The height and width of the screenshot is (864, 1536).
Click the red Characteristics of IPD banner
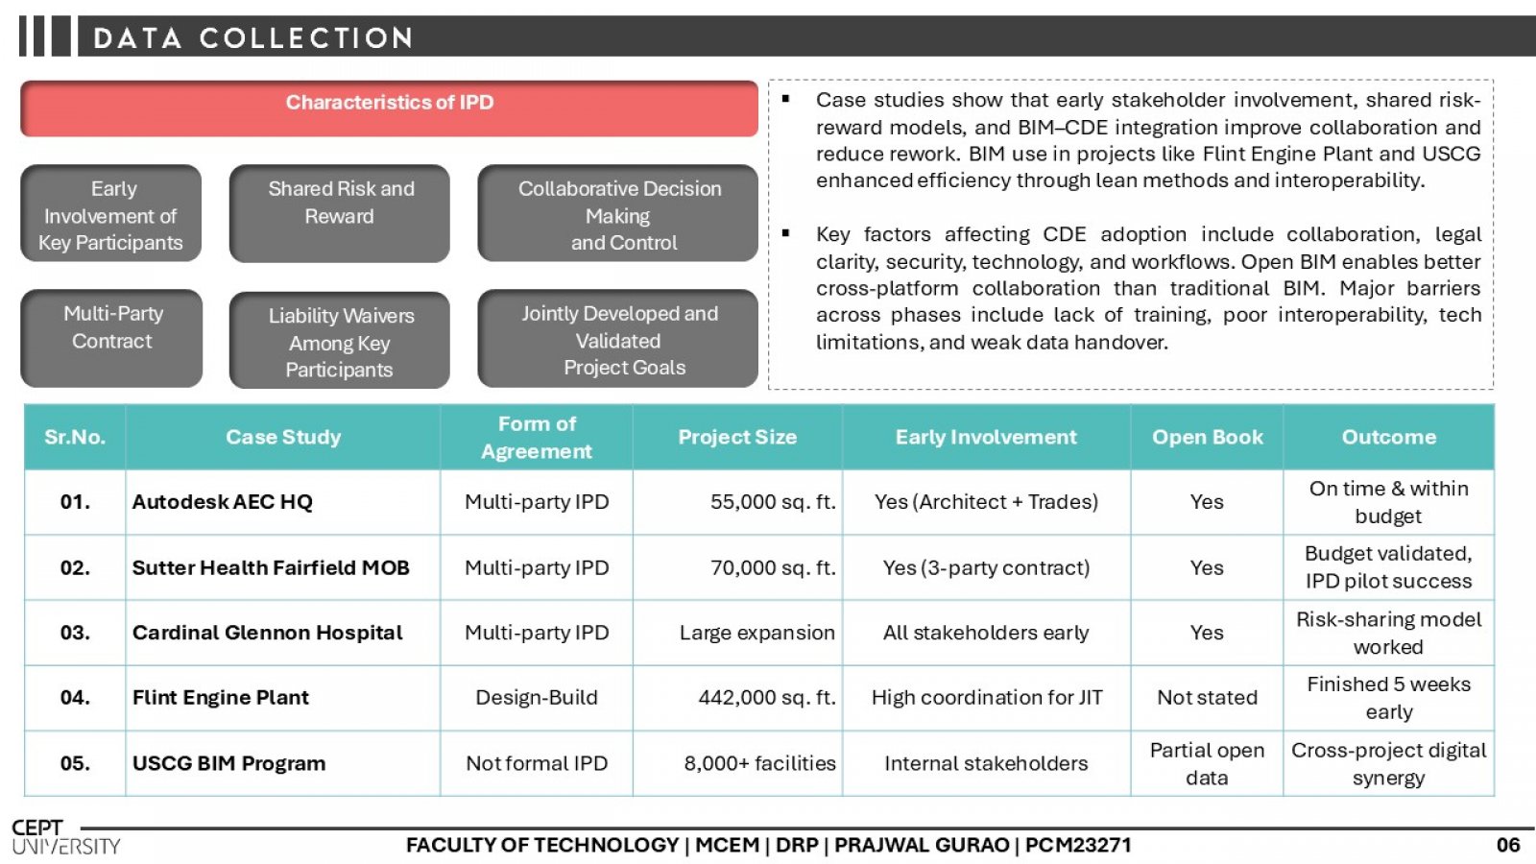tap(390, 108)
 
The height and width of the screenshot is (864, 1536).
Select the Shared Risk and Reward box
tap(340, 213)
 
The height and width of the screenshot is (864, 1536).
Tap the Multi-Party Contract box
tap(111, 338)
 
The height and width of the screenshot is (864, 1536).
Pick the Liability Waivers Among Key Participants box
tap(340, 340)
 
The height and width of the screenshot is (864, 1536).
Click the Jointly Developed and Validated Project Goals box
tap(618, 339)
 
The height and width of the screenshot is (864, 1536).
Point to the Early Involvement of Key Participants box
tap(111, 213)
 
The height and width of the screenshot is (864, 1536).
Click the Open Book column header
tap(1207, 438)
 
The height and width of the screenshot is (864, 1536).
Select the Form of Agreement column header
tap(537, 438)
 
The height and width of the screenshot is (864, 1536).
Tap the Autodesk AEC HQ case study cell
tap(282, 502)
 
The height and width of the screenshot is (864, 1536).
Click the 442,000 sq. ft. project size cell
tap(738, 698)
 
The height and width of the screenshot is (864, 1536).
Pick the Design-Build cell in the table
tap(537, 698)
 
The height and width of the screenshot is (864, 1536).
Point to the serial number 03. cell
tap(75, 633)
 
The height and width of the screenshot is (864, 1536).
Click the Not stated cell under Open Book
tap(1207, 698)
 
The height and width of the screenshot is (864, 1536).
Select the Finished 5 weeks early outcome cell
tap(1388, 698)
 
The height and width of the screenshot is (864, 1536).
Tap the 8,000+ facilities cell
tap(738, 763)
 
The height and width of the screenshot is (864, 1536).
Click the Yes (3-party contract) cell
tap(986, 567)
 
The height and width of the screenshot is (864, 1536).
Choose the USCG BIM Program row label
tap(228, 763)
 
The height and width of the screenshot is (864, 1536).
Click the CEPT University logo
tap(66, 837)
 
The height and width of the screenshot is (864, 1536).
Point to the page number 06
tap(1508, 845)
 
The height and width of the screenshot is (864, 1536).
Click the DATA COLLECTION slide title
tap(253, 37)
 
